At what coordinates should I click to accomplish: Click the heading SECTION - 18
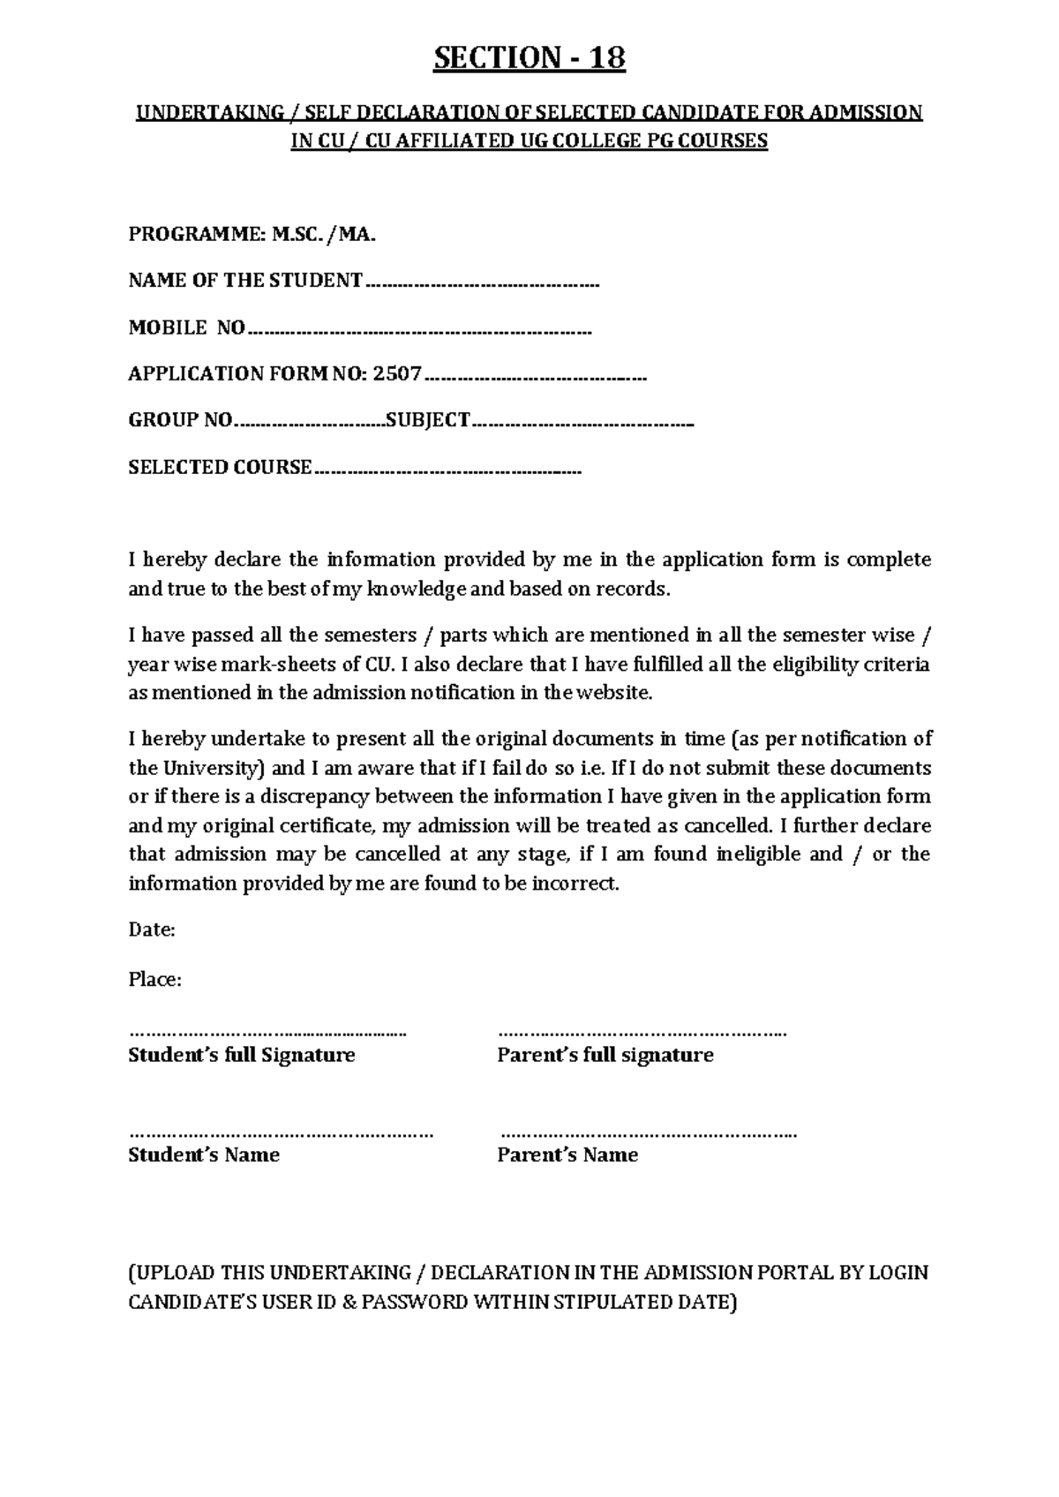click(529, 58)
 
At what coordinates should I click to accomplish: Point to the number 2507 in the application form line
click(397, 373)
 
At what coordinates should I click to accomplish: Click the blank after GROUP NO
click(310, 425)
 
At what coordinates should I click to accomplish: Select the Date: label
click(152, 929)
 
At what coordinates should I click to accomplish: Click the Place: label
click(155, 980)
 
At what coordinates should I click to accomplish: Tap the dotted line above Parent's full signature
click(642, 1032)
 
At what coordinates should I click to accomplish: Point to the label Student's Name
click(204, 1155)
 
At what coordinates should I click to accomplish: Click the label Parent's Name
click(567, 1155)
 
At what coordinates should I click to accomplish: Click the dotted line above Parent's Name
click(648, 1133)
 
